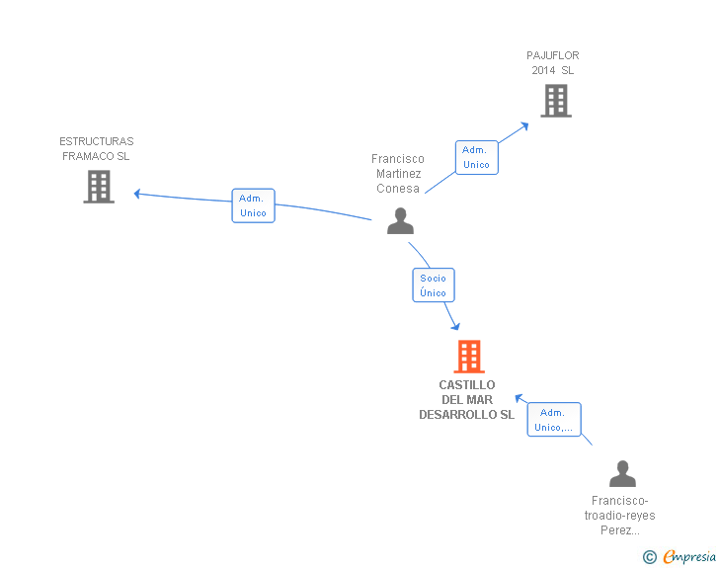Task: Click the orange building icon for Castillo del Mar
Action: point(469,356)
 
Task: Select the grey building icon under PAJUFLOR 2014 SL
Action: point(556,101)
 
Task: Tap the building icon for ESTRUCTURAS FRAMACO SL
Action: point(99,187)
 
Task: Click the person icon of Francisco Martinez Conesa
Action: point(400,220)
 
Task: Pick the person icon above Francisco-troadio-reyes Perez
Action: point(622,473)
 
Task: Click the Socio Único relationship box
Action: point(434,284)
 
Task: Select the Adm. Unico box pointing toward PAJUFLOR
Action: point(476,157)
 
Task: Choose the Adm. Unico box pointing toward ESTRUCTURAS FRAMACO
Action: point(253,205)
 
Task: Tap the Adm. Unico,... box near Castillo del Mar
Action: point(554,420)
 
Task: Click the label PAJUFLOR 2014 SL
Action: point(552,63)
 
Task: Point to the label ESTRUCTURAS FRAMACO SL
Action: point(97,148)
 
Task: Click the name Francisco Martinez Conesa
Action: point(398,174)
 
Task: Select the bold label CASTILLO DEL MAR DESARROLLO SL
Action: point(467,400)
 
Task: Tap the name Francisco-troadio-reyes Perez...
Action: point(619,516)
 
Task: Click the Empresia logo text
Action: point(689,556)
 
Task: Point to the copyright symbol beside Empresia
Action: point(649,557)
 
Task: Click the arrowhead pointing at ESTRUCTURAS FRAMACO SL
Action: point(136,194)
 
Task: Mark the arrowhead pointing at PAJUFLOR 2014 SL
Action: point(525,125)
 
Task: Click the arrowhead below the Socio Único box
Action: point(456,326)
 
